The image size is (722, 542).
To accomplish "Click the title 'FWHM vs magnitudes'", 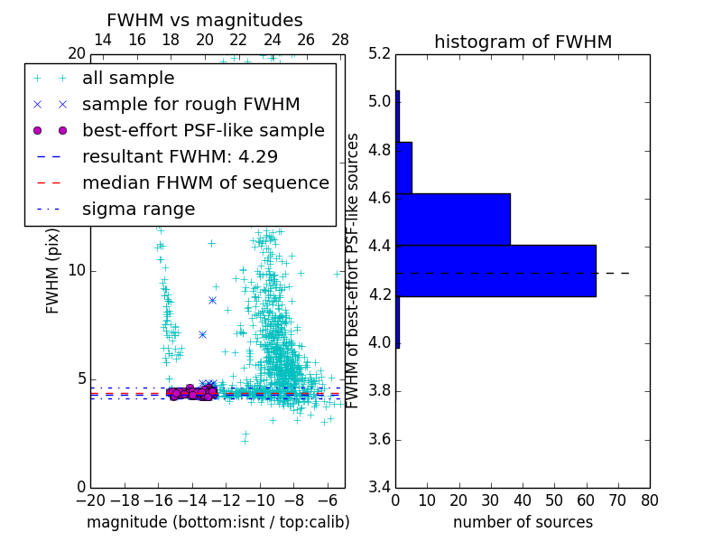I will pos(205,20).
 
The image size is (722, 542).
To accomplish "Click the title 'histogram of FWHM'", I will pos(523,42).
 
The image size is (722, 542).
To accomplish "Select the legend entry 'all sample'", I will pos(128,79).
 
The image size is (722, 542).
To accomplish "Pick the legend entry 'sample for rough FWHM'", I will pos(190,104).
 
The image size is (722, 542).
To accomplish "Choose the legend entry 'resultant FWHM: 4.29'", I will pos(179,156).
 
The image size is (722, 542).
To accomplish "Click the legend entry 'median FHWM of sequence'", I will pos(205,182).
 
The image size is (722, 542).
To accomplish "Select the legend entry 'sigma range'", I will pos(138,209).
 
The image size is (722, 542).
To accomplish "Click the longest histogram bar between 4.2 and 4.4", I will pos(495,270).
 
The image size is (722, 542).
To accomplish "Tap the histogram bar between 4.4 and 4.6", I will pos(453,219).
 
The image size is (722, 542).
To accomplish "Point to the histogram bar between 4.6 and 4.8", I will pos(403,167).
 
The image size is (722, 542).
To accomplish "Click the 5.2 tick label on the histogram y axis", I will pos(380,53).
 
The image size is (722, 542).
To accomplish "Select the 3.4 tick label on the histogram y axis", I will pos(380,488).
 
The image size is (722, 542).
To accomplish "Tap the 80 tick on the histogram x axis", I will pos(650,500).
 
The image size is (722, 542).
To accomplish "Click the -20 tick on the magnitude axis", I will pos(90,500).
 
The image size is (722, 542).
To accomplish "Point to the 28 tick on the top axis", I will pos(340,40).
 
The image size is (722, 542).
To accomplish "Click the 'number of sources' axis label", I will pos(523,522).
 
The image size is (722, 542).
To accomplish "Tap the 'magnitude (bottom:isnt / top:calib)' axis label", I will pos(218,522).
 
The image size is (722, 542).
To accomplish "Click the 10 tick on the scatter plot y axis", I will pos(78,270).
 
